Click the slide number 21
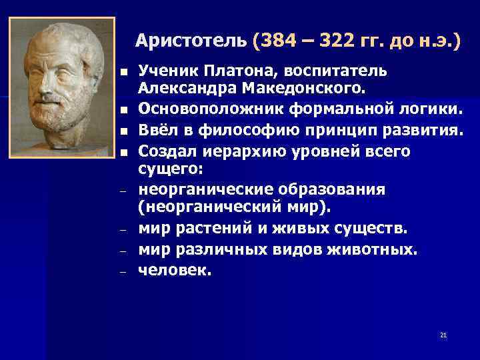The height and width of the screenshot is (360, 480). click(443, 335)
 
